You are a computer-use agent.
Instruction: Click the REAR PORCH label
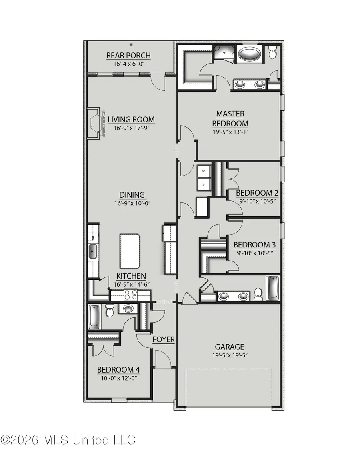128,56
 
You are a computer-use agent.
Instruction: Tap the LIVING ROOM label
131,120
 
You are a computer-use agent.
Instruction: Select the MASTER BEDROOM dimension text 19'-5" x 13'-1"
230,132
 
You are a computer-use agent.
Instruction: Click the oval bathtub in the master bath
249,54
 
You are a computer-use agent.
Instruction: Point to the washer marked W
204,172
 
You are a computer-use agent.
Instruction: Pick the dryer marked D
204,185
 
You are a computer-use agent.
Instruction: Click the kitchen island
130,251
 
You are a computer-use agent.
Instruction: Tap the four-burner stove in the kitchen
130,295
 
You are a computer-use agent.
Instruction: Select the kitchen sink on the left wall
92,251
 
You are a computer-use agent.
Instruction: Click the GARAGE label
229,347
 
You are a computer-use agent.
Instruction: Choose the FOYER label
163,340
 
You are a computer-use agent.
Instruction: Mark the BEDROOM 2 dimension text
257,201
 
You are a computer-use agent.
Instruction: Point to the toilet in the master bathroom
272,52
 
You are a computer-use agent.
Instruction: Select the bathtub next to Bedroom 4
94,317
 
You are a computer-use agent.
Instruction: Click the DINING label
132,195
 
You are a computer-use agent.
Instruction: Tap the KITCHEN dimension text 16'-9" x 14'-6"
131,284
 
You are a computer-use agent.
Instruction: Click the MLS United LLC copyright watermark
68,440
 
